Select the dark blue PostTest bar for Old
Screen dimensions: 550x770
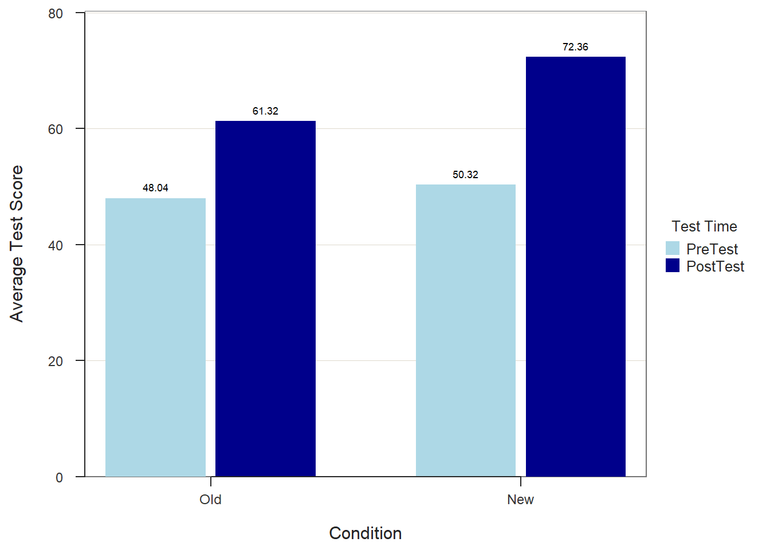[x=265, y=298]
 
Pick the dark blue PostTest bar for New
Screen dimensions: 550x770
[x=575, y=266]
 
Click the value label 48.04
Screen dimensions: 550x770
[x=155, y=188]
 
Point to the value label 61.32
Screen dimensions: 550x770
[x=265, y=111]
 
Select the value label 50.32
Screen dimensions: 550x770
[x=465, y=175]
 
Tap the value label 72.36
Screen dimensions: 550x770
[x=575, y=47]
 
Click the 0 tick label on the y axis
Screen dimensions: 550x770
[x=59, y=477]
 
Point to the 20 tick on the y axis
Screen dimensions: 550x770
[x=56, y=362]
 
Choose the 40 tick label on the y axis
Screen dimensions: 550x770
[x=56, y=246]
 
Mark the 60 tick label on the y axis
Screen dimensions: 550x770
[x=56, y=129]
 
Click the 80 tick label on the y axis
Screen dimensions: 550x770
[x=56, y=14]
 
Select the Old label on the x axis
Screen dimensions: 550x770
[x=210, y=500]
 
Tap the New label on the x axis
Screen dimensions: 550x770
[x=520, y=500]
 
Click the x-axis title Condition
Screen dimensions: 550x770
[x=365, y=533]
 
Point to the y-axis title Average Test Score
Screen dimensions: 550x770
[x=17, y=244]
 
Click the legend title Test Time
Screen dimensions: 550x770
[x=704, y=226]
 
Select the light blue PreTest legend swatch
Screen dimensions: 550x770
[x=673, y=248]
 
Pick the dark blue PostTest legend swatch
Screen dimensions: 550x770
[x=673, y=265]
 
